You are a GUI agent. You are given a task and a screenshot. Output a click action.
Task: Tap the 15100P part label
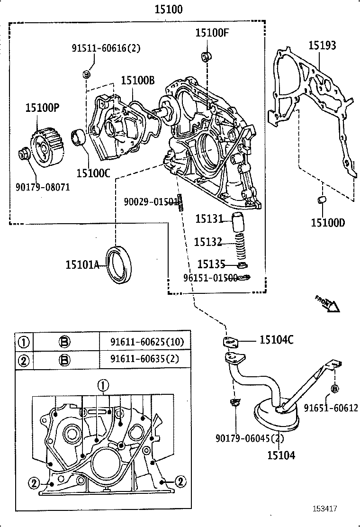(42, 108)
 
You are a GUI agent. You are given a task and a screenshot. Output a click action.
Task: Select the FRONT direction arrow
(327, 304)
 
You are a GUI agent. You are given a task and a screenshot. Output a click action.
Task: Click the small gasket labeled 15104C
(231, 341)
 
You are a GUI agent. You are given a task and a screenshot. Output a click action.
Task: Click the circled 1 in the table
(23, 342)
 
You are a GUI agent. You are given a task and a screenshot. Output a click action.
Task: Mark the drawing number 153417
(324, 509)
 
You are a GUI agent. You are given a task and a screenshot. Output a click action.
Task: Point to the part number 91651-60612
(331, 408)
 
